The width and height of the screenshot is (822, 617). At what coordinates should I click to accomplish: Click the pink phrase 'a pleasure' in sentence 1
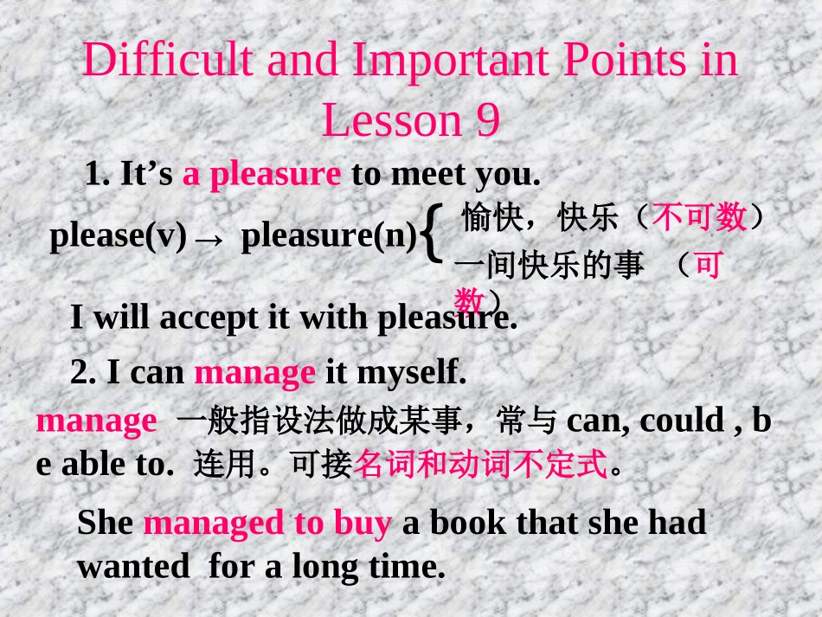click(261, 175)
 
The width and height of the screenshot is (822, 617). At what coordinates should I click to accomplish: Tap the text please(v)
click(118, 236)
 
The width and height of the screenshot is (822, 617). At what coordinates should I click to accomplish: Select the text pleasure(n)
click(329, 236)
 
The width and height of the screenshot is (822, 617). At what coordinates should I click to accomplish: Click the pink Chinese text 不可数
click(699, 217)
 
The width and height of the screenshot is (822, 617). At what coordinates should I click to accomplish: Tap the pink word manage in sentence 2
click(254, 373)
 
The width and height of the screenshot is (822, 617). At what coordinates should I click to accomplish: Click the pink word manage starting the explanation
click(96, 421)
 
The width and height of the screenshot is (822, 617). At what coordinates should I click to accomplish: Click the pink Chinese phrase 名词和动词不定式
click(481, 466)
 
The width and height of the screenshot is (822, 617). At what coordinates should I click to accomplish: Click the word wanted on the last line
click(133, 567)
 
